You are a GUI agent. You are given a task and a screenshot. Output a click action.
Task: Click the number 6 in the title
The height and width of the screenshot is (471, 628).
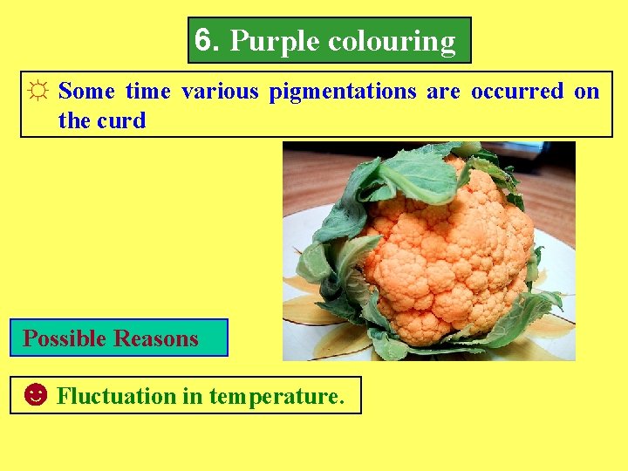(x=203, y=39)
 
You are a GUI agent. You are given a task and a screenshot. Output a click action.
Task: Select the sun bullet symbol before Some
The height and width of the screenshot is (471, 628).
(x=38, y=92)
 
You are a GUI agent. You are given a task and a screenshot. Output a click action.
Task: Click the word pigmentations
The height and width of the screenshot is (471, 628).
(x=342, y=92)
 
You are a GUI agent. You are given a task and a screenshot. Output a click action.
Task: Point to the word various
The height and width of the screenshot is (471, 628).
(x=220, y=92)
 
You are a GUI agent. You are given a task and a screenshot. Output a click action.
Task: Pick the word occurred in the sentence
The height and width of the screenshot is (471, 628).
(x=517, y=92)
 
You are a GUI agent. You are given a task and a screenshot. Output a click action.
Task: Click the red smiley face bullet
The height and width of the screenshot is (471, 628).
(x=35, y=396)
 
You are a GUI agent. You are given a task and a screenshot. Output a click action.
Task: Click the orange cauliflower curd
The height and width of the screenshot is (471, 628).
(x=445, y=253)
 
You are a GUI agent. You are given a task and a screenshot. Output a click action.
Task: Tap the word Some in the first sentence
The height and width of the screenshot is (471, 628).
(x=86, y=92)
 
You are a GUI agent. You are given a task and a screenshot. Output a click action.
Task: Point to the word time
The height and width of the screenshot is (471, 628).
(x=148, y=92)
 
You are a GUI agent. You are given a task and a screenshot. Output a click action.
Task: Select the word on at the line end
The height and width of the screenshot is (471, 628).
(x=587, y=92)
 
